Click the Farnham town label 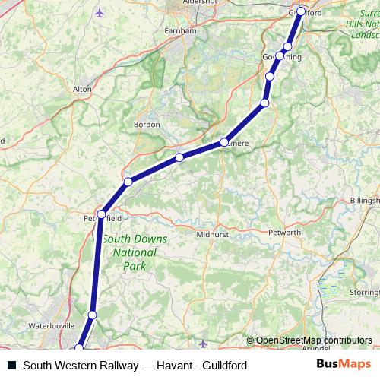(175, 33)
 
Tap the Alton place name (81, 89)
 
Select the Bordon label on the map (147, 124)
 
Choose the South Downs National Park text (135, 252)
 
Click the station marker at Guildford (301, 11)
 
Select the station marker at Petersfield (101, 214)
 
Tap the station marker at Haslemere (225, 141)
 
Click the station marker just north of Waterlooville (92, 315)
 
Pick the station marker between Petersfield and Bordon (128, 182)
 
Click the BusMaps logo (343, 364)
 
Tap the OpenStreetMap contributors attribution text (314, 340)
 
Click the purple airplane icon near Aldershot (101, 13)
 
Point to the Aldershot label (195, 4)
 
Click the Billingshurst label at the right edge (365, 199)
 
